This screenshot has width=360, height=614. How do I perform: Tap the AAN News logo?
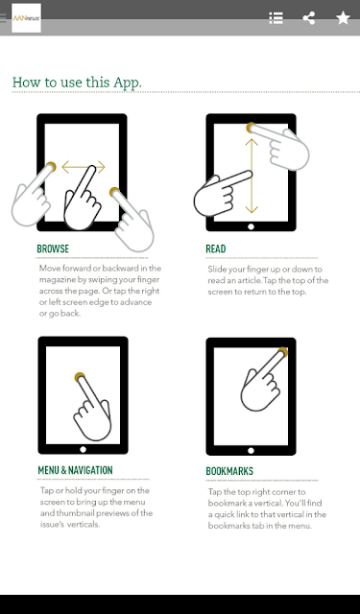(26, 18)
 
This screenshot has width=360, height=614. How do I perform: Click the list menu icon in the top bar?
(276, 18)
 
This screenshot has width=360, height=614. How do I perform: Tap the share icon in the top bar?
(309, 18)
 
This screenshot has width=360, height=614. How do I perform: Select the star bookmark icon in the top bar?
(343, 18)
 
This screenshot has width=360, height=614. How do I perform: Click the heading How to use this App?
(77, 83)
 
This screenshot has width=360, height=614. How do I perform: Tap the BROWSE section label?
(53, 249)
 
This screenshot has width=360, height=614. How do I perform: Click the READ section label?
(216, 249)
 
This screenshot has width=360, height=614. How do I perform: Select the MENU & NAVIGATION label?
(75, 470)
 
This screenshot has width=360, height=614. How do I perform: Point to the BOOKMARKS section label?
(229, 471)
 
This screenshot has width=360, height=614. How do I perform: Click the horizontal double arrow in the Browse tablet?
(84, 167)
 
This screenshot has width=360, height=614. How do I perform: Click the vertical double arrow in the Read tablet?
(252, 177)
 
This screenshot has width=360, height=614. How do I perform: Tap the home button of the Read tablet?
(252, 226)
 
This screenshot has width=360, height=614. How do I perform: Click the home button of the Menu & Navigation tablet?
(84, 450)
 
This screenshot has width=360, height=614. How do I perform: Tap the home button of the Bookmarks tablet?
(252, 451)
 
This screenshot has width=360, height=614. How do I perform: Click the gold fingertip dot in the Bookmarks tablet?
(283, 352)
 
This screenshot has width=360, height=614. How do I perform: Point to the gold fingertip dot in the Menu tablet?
(80, 377)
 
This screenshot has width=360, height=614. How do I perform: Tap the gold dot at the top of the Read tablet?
(251, 128)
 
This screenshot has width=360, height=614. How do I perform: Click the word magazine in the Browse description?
(56, 280)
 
